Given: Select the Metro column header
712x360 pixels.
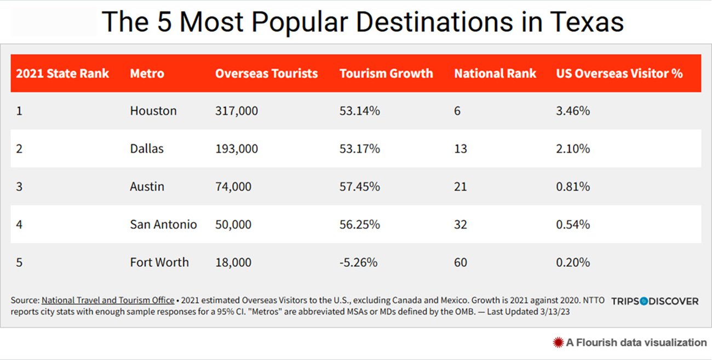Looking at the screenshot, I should pos(147,73).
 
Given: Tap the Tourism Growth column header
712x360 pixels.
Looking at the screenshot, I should pos(386,73).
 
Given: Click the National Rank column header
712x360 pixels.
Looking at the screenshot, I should pos(495,73).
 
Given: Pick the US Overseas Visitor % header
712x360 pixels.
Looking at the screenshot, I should pos(619,73).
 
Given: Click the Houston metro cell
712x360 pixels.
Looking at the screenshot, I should pos(153,111).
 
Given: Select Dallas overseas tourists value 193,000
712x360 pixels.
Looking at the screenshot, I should pos(237,148).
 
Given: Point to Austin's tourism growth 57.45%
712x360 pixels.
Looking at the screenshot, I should pos(359,186).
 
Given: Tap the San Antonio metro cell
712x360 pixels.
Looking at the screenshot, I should pos(163,224).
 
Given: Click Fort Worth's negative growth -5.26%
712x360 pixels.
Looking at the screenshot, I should pos(358,262).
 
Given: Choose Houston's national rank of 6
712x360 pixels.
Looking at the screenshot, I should pos(457,111).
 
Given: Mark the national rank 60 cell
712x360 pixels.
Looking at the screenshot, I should pos(461,262).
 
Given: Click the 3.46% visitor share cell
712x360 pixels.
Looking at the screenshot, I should pos(573,111).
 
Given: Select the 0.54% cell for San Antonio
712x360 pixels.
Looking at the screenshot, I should pos(573,224).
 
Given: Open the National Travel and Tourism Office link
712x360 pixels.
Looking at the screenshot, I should pos(108,300).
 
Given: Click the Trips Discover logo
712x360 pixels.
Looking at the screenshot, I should pos(654,301).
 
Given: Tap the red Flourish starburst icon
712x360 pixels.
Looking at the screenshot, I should pos(558,342).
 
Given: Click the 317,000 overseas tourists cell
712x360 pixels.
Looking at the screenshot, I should pos(237,111).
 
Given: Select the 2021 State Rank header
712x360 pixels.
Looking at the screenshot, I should pos(62,73).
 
